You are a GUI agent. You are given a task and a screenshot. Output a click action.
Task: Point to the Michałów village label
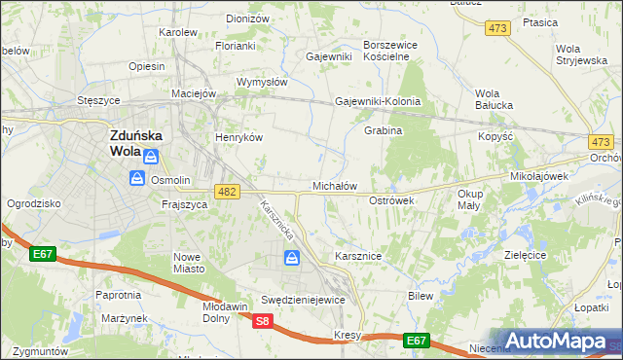pos(334,185)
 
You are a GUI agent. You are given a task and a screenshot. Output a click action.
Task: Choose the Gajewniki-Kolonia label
pos(378,101)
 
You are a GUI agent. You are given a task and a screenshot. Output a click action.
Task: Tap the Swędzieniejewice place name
pos(304,300)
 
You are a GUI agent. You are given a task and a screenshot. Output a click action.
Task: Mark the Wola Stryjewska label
pos(581,54)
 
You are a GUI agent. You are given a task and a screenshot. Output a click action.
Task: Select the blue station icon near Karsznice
pos(291,258)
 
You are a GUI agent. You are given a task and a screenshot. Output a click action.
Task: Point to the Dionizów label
pos(247,18)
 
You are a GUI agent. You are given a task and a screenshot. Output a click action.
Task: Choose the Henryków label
pos(239,137)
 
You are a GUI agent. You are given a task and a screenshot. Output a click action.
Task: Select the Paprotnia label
pos(119,294)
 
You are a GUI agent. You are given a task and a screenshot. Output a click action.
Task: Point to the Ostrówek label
pos(392,199)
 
